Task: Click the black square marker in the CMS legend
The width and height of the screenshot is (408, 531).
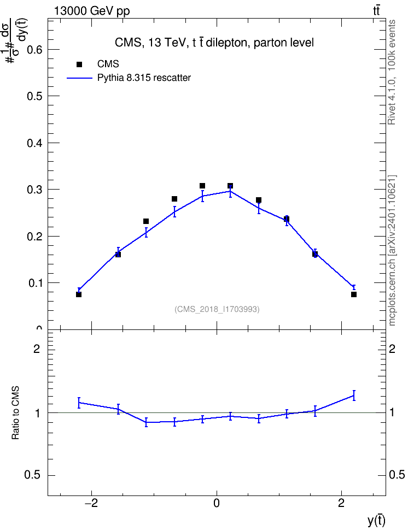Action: point(79,64)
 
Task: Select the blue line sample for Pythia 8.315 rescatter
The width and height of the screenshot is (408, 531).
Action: point(80,78)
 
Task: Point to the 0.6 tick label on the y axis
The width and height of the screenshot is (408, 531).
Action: point(34,50)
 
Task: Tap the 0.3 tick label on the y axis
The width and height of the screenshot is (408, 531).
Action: point(34,190)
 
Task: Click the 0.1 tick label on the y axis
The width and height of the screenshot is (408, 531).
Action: point(34,283)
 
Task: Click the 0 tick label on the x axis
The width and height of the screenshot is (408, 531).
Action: point(217,503)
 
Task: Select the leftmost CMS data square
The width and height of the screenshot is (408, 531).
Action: point(79,294)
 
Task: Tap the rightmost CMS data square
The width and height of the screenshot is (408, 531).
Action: point(354,294)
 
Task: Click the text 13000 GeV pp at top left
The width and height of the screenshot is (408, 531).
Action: point(91,11)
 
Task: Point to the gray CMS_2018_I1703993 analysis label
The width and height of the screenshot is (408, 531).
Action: point(217,309)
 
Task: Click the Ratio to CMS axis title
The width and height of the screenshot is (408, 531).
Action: point(16,413)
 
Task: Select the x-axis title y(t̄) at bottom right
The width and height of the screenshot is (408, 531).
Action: point(376,521)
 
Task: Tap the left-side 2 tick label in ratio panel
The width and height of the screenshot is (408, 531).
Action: point(37,349)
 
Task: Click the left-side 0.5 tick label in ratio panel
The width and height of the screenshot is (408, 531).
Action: point(32,475)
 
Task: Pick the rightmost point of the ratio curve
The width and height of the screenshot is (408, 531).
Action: point(354,396)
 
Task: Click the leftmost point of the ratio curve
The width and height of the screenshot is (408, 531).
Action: point(79,403)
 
